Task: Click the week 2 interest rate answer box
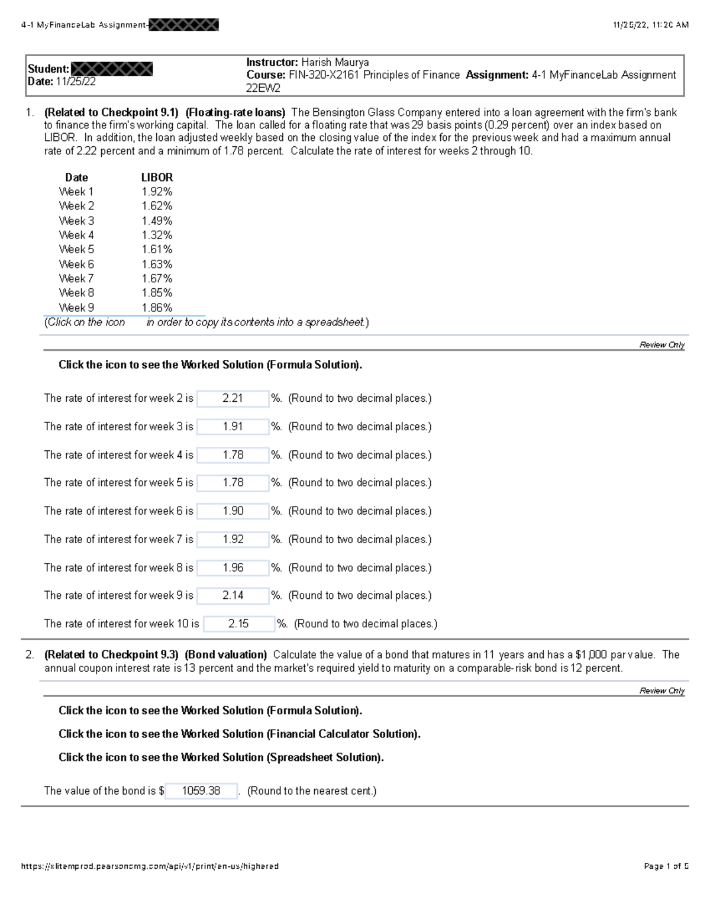233,399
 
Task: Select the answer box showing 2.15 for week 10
238,624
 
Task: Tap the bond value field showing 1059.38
201,791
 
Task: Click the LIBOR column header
157,178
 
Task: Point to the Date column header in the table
76,178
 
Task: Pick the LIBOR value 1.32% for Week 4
157,235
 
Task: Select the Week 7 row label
76,278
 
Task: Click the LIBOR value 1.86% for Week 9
157,308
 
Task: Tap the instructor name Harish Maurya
335,63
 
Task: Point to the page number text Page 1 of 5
666,866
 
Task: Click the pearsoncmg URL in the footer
150,866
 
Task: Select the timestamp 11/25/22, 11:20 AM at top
650,25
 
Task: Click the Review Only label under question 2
661,691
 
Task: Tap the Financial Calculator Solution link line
239,734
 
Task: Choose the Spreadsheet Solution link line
221,757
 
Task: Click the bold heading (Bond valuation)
225,655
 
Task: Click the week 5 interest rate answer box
233,483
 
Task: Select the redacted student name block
112,69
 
